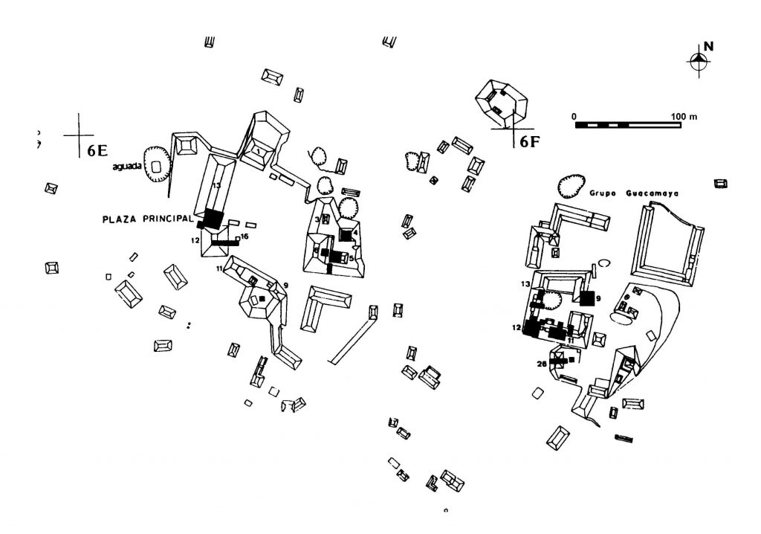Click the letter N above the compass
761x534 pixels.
tap(708, 46)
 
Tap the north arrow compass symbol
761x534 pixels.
tap(698, 64)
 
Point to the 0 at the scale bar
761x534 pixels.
tap(574, 117)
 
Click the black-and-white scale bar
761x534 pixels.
tap(628, 125)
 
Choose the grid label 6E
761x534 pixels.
tap(97, 149)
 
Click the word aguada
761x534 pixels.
tap(126, 167)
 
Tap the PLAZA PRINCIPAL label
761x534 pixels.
tap(147, 219)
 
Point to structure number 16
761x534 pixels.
tap(245, 237)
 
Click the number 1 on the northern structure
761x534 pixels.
tap(258, 151)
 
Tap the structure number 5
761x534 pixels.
tap(352, 258)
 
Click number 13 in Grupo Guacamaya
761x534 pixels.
tap(527, 285)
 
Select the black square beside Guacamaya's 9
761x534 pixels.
tap(587, 298)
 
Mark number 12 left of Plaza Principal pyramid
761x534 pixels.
tap(195, 240)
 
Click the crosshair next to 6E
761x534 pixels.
tap(78, 135)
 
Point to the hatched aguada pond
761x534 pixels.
tap(157, 167)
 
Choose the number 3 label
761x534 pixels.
tap(317, 219)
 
